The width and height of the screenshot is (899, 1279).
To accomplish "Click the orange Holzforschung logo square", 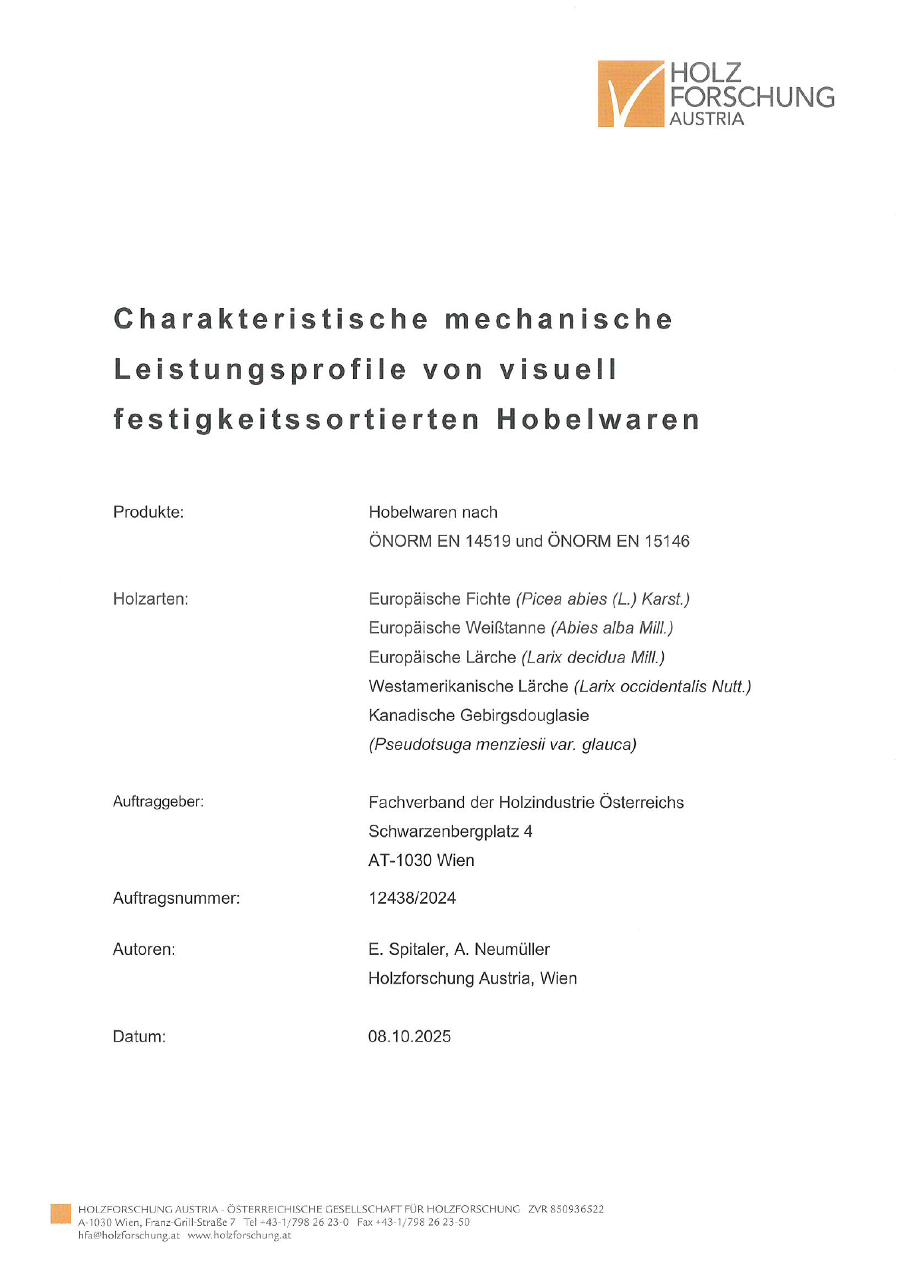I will (x=630, y=94).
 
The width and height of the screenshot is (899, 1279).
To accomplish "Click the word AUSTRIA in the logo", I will (x=706, y=119).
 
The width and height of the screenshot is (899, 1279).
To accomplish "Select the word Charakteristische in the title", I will (x=270, y=319).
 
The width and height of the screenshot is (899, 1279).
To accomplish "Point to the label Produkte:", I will (x=148, y=512).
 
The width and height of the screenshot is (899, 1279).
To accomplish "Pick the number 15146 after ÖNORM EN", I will (x=667, y=541).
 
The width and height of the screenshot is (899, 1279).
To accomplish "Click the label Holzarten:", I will (x=150, y=599).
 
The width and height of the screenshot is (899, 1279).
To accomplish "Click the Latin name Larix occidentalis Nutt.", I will (x=663, y=686).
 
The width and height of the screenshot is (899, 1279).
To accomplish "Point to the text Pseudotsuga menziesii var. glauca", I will (x=503, y=744).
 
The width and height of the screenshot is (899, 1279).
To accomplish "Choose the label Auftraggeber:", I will (x=158, y=802).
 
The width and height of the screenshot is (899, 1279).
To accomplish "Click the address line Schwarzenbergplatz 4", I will (x=450, y=831).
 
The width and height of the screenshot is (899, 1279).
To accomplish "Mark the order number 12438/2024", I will (x=412, y=899).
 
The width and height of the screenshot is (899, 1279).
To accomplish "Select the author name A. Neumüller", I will (x=502, y=949).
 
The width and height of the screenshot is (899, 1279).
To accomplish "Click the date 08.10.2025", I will (x=410, y=1036).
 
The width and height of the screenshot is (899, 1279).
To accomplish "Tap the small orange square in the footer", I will (x=61, y=1213).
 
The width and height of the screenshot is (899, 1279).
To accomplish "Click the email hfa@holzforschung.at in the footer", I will (x=129, y=1235).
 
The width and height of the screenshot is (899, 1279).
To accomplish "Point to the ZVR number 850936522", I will (x=577, y=1209).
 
